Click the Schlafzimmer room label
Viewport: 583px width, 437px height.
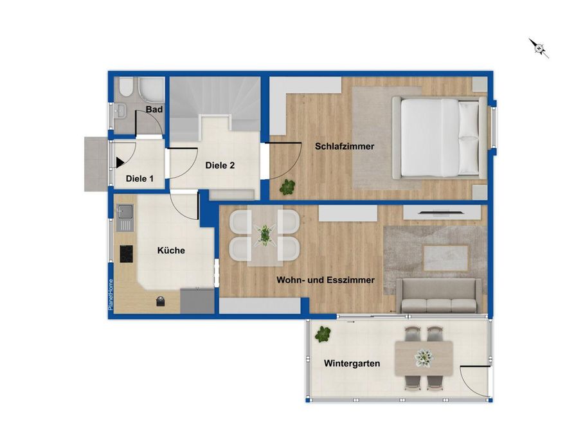pos(345,147)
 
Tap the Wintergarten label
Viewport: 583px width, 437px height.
pos(352,364)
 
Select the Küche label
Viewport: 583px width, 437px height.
pos(171,251)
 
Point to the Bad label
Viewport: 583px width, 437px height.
pos(154,109)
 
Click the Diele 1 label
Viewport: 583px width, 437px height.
pos(139,179)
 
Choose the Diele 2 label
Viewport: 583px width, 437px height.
pos(220,165)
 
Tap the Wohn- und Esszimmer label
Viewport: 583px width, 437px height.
pos(325,280)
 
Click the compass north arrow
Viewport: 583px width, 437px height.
pos(539,48)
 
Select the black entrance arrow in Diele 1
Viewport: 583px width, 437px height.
pos(120,163)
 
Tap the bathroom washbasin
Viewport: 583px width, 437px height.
pos(120,109)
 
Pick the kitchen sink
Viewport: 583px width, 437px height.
pos(125,217)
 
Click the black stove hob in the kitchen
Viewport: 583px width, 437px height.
pos(126,254)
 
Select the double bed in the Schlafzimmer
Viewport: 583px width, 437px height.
pos(439,138)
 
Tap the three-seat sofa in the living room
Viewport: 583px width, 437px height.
pos(439,296)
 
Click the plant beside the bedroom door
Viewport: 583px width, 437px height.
pos(287,187)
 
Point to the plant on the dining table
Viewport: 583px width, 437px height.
pos(265,235)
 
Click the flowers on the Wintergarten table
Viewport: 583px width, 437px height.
pos(424,358)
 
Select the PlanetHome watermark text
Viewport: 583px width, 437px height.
pos(111,295)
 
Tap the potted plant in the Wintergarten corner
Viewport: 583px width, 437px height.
pos(323,334)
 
